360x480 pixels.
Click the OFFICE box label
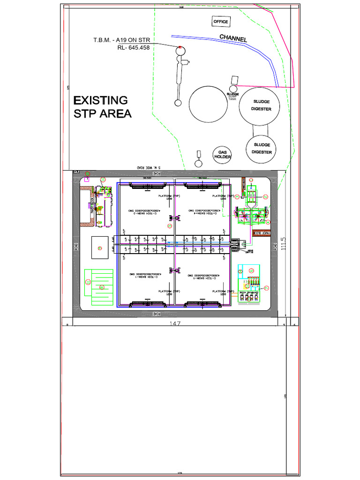tap(221, 22)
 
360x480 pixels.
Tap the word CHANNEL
tap(233, 38)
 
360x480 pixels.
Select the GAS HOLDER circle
tap(223, 154)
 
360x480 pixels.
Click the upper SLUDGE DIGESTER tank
tap(262, 105)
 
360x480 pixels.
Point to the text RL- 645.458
tap(133, 47)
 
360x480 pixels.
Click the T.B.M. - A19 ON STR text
tap(121, 40)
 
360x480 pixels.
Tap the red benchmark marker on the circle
tap(180, 47)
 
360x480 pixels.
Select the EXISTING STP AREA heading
tap(102, 107)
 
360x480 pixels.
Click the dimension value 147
tap(175, 323)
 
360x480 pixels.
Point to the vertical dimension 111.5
tap(284, 243)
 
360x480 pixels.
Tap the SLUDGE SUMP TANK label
tap(233, 96)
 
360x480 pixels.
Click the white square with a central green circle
tap(99, 247)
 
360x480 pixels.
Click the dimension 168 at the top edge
tap(180, 7)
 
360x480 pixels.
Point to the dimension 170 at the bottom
tap(180, 473)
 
